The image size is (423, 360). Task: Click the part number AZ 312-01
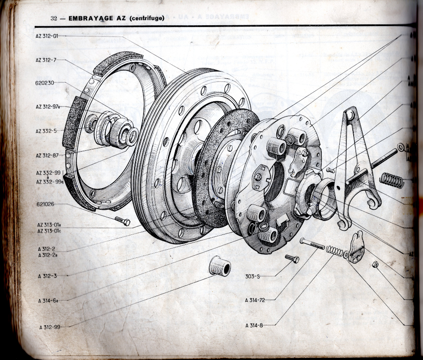click(46, 35)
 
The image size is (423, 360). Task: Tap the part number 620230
click(45, 83)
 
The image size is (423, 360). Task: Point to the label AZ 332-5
click(46, 131)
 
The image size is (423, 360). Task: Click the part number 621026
click(45, 204)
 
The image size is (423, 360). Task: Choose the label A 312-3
click(47, 275)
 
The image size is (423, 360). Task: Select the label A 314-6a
click(49, 300)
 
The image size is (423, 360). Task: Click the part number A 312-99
click(49, 327)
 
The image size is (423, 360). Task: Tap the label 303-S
click(252, 276)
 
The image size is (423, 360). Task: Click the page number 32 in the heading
click(54, 18)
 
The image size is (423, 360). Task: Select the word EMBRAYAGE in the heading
click(90, 18)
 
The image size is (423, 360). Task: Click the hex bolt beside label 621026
click(122, 220)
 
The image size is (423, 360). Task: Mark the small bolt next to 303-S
click(292, 258)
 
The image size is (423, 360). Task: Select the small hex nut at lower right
click(375, 265)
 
